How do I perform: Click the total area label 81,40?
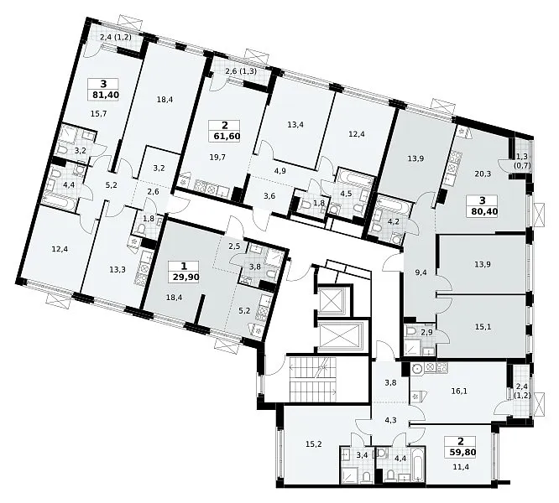(104, 95)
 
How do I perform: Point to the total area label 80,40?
(483, 211)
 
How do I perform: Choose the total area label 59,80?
(462, 452)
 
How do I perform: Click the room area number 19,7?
(217, 157)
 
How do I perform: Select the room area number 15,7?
(99, 114)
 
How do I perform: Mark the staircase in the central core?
(313, 380)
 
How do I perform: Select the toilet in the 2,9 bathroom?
(411, 330)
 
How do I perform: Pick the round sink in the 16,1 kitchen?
(416, 369)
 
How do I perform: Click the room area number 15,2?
(314, 444)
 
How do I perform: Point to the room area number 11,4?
(462, 466)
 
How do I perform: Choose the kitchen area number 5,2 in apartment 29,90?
(244, 310)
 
